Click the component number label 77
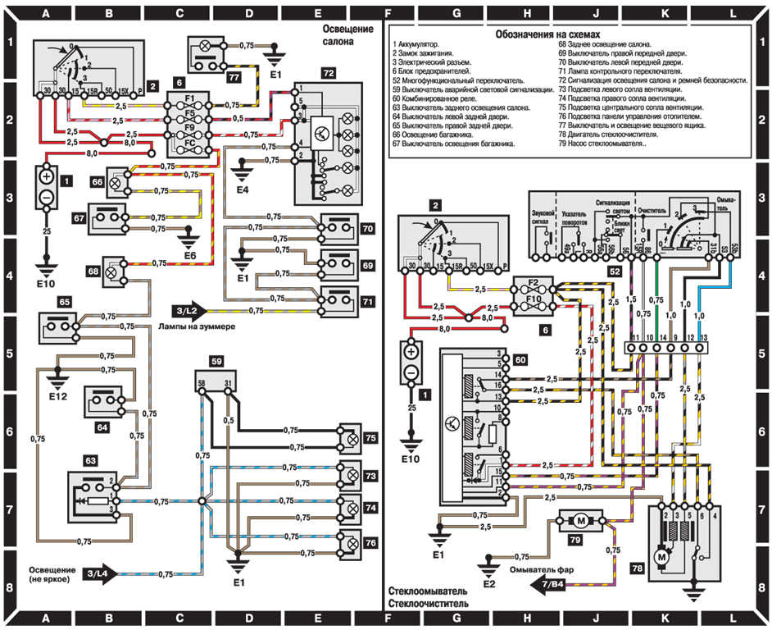pyautogui.click(x=234, y=79)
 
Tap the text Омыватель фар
pyautogui.click(x=543, y=568)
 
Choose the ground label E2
pyautogui.click(x=489, y=585)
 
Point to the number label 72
pyautogui.click(x=328, y=74)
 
